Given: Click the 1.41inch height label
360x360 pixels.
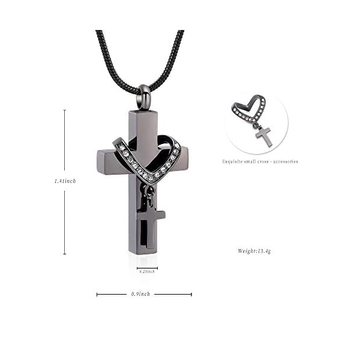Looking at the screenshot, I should click(64, 181).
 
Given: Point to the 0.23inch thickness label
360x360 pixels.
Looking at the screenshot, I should click(146, 272).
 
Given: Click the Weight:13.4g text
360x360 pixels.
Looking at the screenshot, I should click(255, 251).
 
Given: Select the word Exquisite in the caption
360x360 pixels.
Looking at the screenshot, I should click(233, 161).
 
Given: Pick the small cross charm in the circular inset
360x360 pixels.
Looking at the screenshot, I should click(263, 135).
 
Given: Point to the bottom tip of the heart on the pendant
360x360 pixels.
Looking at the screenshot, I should click(149, 179).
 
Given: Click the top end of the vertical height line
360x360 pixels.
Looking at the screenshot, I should click(64, 110).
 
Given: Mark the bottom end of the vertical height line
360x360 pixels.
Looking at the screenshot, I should click(64, 253).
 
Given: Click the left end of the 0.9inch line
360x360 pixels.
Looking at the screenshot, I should click(97, 295).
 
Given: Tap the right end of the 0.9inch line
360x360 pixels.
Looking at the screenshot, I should click(191, 295).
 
